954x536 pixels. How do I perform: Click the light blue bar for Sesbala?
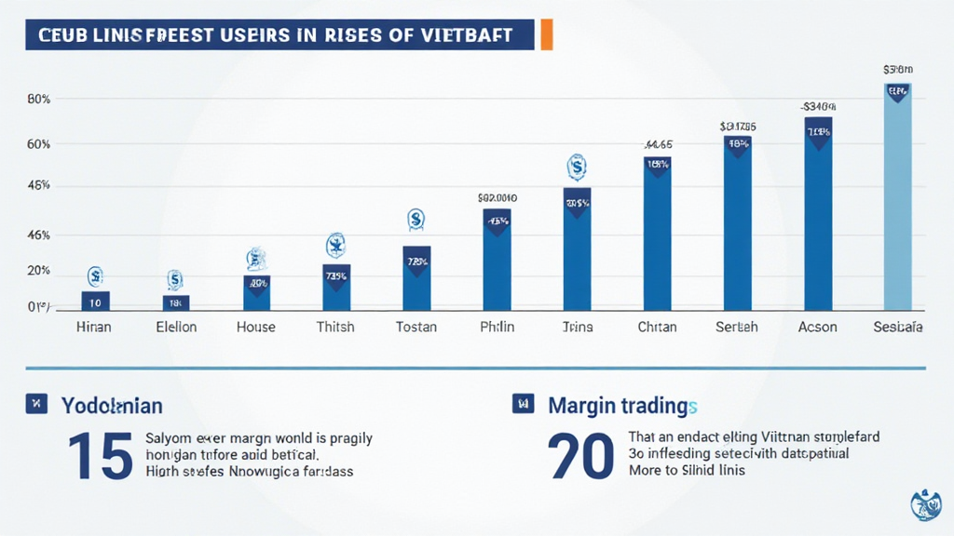[x=897, y=196]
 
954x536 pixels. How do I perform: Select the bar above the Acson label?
[x=818, y=213]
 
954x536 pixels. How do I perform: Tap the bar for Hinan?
[x=95, y=301]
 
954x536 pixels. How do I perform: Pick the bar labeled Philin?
[x=497, y=260]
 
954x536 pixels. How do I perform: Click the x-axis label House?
[x=255, y=328]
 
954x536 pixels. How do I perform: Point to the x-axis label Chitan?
[x=657, y=328]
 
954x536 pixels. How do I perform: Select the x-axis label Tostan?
[x=416, y=328]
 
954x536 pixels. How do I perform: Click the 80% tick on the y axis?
[x=38, y=100]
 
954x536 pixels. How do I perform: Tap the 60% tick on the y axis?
[x=38, y=144]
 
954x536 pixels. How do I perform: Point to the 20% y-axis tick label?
[x=38, y=271]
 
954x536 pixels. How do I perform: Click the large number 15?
[x=100, y=455]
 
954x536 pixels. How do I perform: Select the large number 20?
[x=582, y=455]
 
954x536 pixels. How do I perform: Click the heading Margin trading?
[x=622, y=406]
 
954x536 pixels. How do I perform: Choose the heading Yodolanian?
[x=112, y=406]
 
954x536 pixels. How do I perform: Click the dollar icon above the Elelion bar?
[x=174, y=278]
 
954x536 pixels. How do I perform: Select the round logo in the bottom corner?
[x=925, y=506]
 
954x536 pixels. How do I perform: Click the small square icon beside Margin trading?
[x=523, y=404]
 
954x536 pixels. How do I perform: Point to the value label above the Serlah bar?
[x=737, y=126]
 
